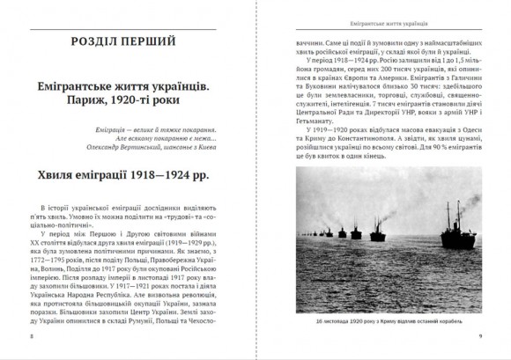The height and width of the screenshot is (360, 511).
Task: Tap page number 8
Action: [x=33, y=337]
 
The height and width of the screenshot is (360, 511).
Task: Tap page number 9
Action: [x=478, y=337]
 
